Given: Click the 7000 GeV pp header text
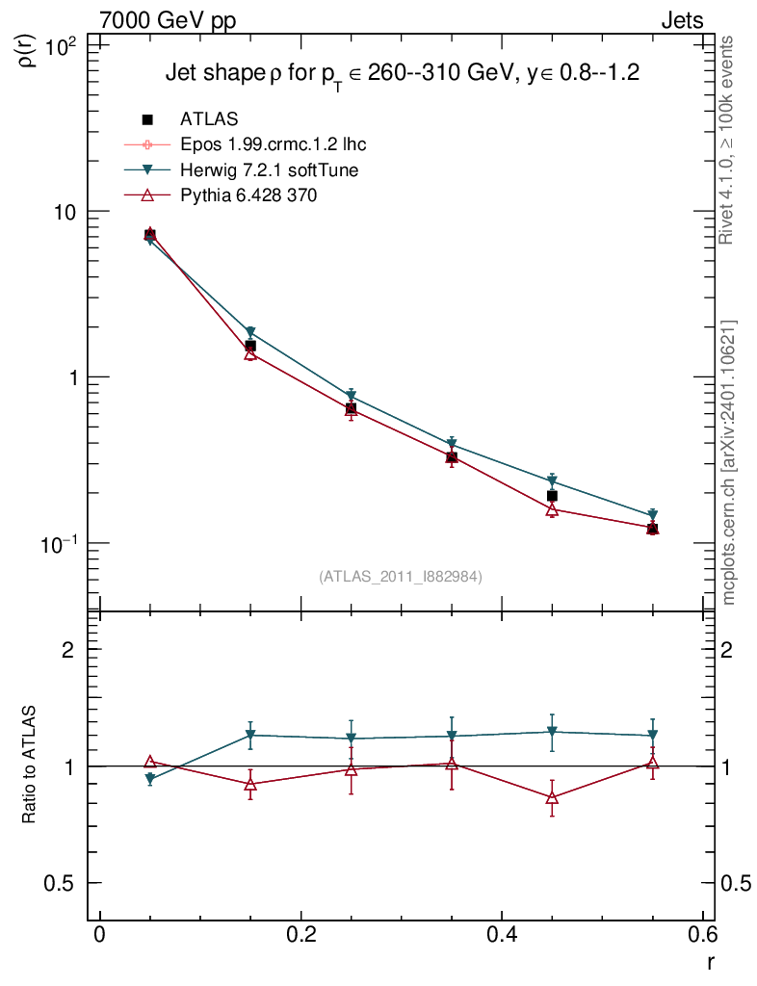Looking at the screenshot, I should click(168, 20).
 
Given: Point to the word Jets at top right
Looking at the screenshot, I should click(681, 20).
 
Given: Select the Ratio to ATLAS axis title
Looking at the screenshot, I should click(30, 765).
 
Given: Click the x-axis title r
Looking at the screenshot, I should click(711, 961).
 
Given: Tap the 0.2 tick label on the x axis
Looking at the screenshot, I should click(300, 936).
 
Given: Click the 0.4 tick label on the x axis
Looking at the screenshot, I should click(502, 936).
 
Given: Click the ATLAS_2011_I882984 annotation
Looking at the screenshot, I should click(401, 576).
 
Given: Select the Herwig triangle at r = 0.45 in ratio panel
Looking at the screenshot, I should click(552, 732).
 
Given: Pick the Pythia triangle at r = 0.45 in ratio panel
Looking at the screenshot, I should click(552, 797).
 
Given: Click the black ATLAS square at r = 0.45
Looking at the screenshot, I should click(552, 496).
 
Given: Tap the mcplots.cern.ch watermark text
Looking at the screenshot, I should click(729, 462).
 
